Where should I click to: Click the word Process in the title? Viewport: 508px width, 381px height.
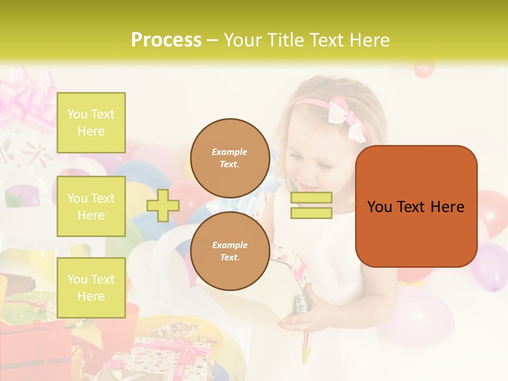(x=166, y=40)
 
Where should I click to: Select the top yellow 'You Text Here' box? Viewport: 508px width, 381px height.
(x=91, y=123)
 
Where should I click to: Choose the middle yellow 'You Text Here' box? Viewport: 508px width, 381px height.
(x=91, y=206)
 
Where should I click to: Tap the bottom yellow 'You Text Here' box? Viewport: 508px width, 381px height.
(x=91, y=287)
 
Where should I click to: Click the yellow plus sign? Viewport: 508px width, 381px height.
(x=163, y=205)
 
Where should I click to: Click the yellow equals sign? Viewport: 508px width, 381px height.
(x=311, y=205)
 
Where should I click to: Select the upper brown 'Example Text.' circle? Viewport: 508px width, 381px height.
(x=230, y=158)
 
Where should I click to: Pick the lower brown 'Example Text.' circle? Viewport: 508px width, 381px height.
(x=230, y=251)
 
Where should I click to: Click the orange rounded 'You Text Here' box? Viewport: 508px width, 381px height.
(x=416, y=206)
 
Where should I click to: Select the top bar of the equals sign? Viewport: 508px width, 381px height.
(x=311, y=198)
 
